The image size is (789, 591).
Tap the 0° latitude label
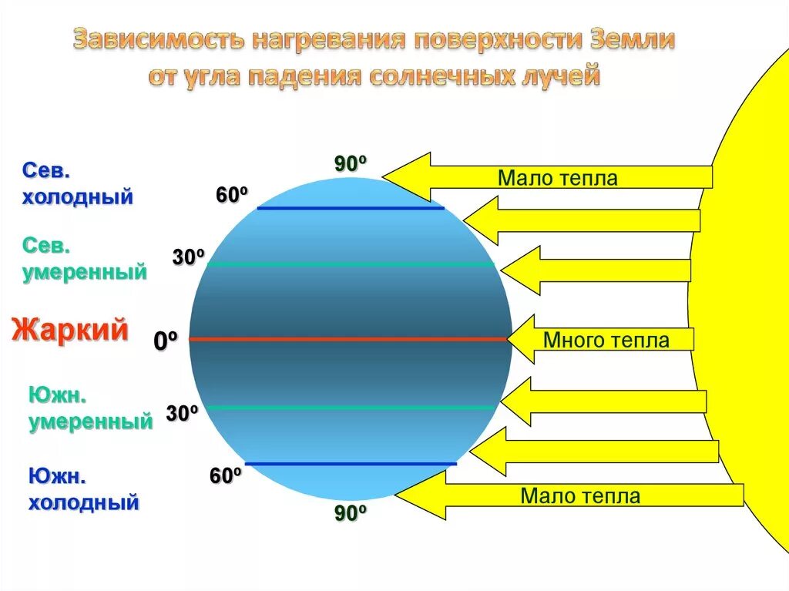point(166,341)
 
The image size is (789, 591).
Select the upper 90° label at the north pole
point(349,163)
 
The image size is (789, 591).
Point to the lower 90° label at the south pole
point(349,513)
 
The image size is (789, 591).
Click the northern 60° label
point(231,196)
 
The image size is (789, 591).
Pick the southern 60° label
point(226,476)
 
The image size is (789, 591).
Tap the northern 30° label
point(188,257)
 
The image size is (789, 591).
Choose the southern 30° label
point(183,414)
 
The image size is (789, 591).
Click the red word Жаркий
point(69,330)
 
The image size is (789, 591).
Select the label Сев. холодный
point(76,183)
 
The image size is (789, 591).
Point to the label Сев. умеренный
point(84,259)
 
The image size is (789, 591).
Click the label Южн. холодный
point(84,490)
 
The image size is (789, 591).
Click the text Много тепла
point(606,340)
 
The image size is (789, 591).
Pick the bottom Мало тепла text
point(580,495)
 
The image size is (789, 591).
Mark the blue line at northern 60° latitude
point(351,208)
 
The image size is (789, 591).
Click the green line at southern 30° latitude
point(351,407)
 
